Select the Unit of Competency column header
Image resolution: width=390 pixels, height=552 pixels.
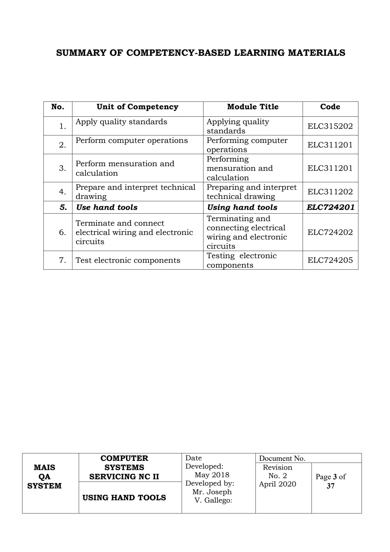[x=137, y=107]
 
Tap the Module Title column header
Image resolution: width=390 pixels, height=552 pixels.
[x=253, y=107]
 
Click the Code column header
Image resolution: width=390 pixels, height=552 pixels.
[x=330, y=107]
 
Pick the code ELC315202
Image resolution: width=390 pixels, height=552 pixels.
[x=330, y=126]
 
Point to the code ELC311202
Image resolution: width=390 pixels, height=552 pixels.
[x=330, y=192]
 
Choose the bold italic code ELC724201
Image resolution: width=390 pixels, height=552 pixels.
[x=330, y=207]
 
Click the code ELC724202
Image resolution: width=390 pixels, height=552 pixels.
[x=330, y=232]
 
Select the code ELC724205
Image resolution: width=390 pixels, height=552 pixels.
[x=330, y=260]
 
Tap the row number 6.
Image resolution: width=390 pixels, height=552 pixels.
[x=62, y=232]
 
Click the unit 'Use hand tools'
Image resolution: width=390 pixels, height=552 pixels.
[x=107, y=207]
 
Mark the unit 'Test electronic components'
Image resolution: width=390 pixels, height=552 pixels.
[x=128, y=260]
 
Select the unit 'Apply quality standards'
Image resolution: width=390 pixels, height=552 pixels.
[x=121, y=122]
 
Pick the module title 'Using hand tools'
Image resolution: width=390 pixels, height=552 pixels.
[x=242, y=207]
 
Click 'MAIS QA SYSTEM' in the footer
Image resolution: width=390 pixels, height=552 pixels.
[x=45, y=476]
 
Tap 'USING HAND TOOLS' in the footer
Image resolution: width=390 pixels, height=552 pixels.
[x=124, y=498]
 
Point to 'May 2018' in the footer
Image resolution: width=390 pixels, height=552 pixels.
[x=212, y=475]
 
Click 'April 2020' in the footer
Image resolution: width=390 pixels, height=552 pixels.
[x=277, y=484]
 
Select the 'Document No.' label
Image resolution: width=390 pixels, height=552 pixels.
[x=282, y=459]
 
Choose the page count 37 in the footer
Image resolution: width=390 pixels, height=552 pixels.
[x=331, y=486]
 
